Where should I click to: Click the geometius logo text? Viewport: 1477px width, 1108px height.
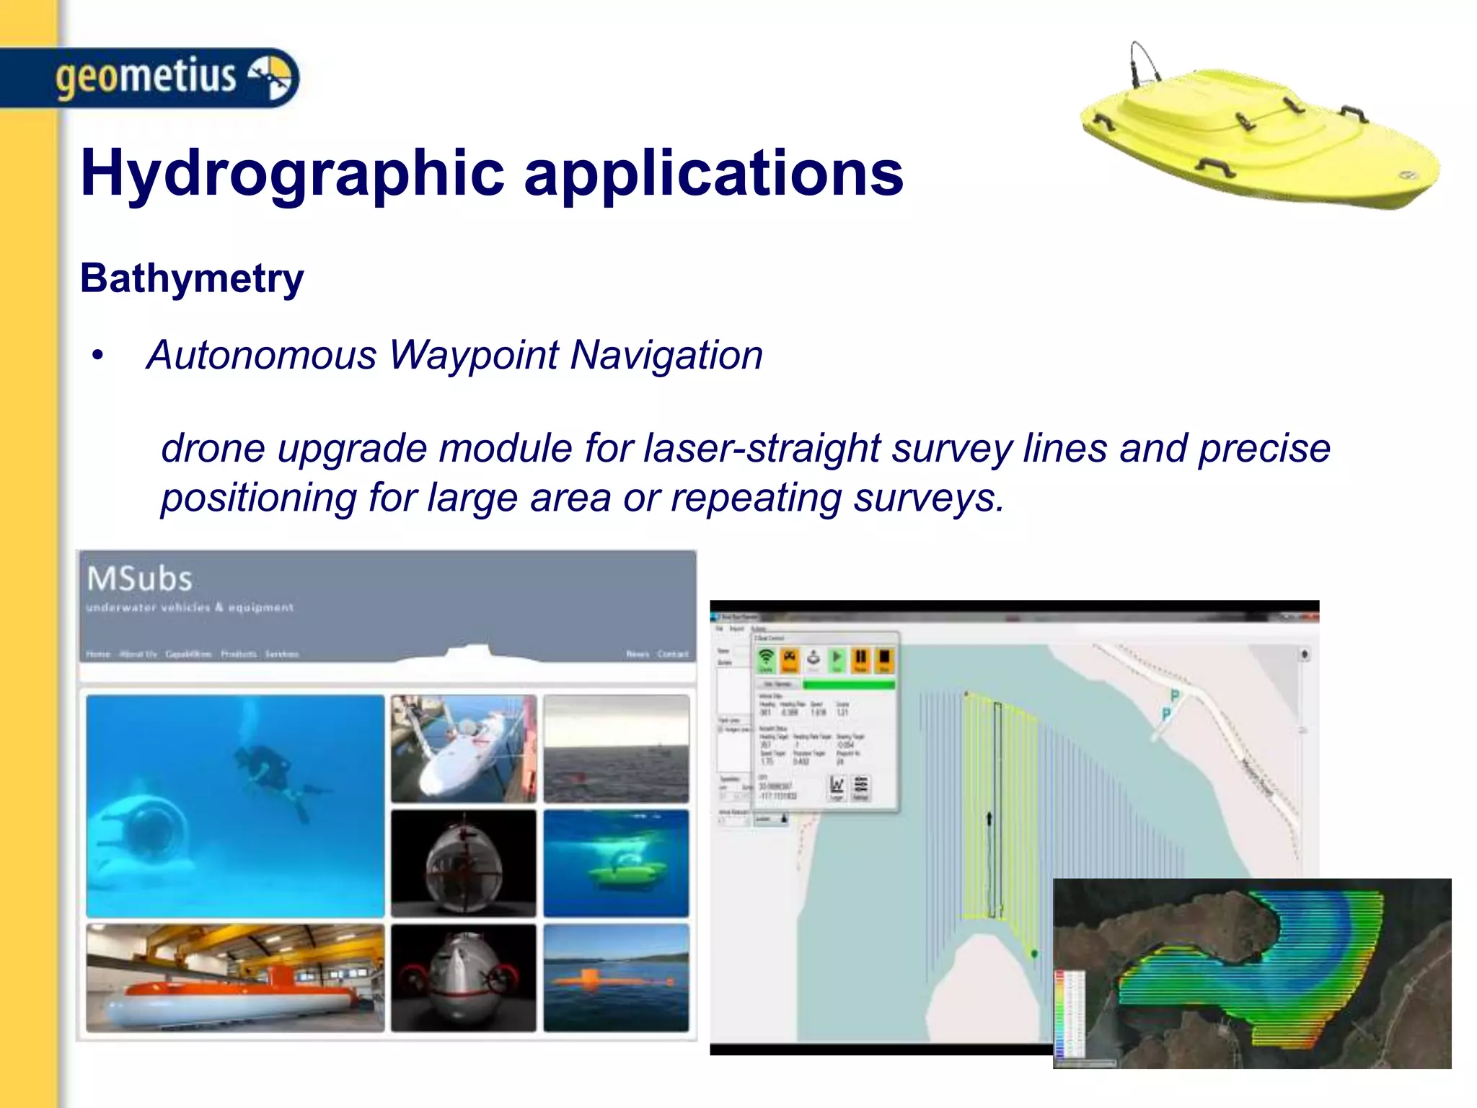coord(146,76)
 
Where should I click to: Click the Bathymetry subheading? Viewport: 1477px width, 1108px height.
coord(192,278)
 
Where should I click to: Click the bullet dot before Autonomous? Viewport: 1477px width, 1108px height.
coord(98,356)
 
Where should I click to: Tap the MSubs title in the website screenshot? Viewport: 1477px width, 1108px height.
coord(140,579)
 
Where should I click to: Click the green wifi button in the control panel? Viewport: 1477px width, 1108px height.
coord(766,658)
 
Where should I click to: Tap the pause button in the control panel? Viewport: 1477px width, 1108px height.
coord(860,658)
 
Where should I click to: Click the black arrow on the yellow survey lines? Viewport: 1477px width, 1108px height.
coord(989,819)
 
